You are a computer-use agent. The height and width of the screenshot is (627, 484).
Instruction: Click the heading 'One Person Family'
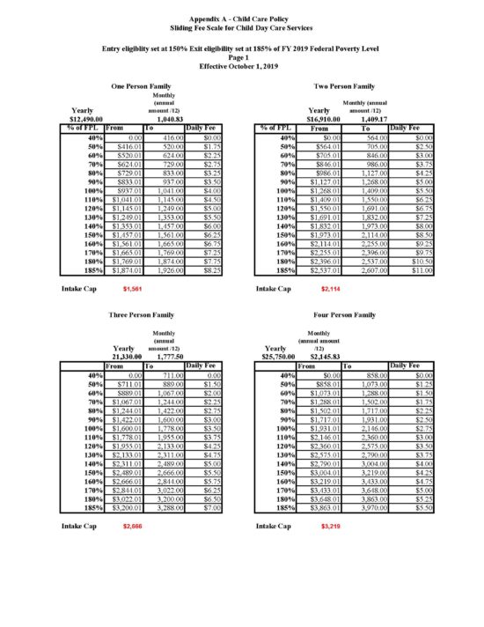[x=141, y=86]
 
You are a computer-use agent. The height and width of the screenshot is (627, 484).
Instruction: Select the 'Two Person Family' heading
[x=344, y=86]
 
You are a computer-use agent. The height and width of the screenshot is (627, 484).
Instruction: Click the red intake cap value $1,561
[x=133, y=288]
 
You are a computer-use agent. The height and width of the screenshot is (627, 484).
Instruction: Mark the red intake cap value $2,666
[x=133, y=526]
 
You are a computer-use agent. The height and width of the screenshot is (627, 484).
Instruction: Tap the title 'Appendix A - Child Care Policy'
[x=242, y=18]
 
